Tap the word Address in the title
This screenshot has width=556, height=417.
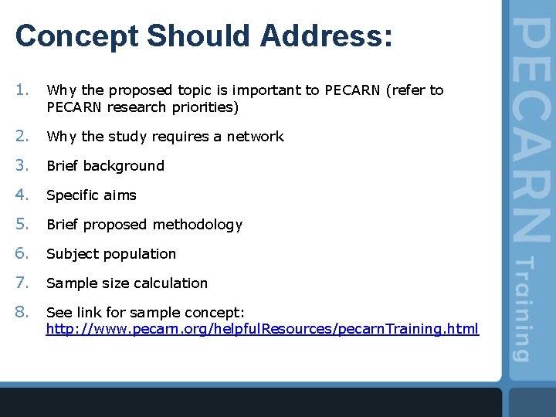(x=320, y=36)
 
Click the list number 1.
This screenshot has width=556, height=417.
(x=22, y=90)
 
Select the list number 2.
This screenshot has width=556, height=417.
(x=22, y=137)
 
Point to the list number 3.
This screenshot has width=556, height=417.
(x=22, y=166)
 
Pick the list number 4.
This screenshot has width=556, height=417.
(x=22, y=195)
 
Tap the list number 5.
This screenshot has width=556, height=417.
(x=22, y=225)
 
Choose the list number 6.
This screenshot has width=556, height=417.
(x=22, y=254)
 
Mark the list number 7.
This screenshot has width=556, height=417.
(x=22, y=283)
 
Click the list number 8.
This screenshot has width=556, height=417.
(x=22, y=313)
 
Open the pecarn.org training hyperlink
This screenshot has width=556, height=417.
(x=263, y=330)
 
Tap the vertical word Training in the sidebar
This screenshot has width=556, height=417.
(x=524, y=309)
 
